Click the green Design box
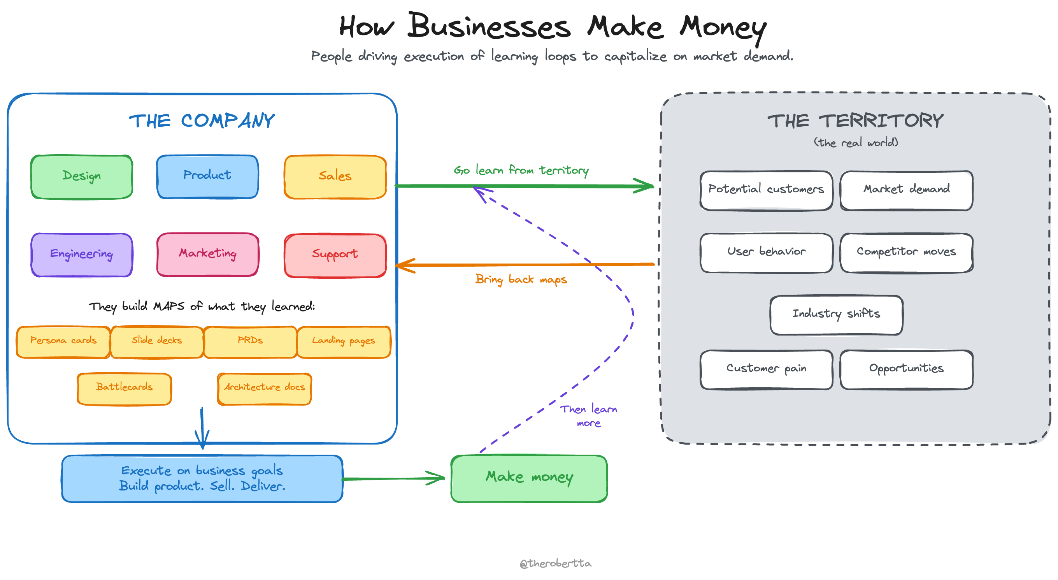[82, 177]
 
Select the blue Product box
[207, 176]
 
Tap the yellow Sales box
[335, 177]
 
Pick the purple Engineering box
[82, 255]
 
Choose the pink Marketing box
[207, 254]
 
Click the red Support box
[335, 255]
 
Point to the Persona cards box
[63, 342]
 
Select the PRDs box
[250, 342]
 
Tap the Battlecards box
[124, 388]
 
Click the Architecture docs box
[265, 388]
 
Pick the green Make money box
[529, 478]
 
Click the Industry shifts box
[836, 315]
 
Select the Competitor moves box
[906, 253]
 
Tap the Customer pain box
[767, 369]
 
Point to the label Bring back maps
[521, 280]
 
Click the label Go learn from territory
[521, 170]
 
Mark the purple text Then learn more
[589, 415]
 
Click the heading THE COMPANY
[202, 121]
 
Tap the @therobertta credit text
[555, 563]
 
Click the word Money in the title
[723, 28]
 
